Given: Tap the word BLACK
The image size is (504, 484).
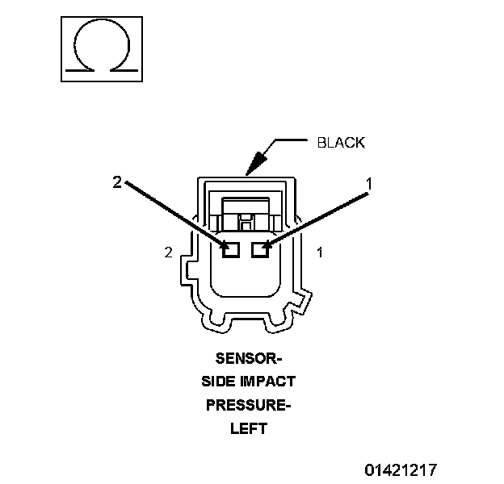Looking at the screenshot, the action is tap(341, 143).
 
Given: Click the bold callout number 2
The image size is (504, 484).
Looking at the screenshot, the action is tap(118, 183).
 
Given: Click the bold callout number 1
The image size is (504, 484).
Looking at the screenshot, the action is tap(369, 184).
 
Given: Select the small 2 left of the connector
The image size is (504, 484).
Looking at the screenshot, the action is tap(168, 252).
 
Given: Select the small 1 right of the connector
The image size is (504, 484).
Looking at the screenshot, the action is tap(320, 252).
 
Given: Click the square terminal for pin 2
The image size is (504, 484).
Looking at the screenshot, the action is tap(231, 250).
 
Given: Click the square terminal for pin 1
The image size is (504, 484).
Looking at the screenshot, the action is tap(259, 250).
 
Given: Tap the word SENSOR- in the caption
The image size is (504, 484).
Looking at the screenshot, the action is tap(249, 358).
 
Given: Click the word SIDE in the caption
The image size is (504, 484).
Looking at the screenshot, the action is tap(216, 382).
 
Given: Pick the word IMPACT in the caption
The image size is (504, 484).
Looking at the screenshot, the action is tap(267, 382).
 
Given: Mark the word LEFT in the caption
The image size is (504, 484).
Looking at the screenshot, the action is tap(248, 429).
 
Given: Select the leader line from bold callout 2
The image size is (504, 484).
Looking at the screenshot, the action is tap(174, 214).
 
